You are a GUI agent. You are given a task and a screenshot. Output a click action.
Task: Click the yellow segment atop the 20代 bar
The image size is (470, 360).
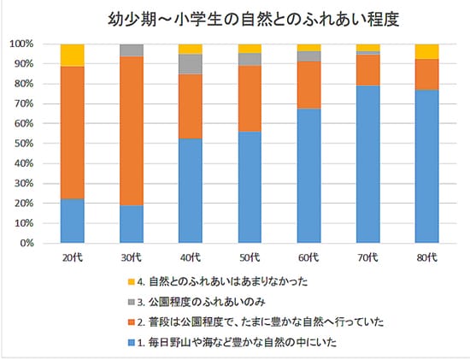pyautogui.click(x=73, y=55)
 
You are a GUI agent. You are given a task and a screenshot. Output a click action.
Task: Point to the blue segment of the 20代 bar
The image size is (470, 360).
pyautogui.click(x=73, y=221)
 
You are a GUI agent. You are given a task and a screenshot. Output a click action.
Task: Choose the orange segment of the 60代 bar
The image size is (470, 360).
pyautogui.click(x=308, y=85)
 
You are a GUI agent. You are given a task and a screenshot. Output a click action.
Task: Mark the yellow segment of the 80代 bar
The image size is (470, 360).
pyautogui.click(x=426, y=51)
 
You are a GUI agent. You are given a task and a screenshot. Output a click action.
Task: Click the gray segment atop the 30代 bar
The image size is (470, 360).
pyautogui.click(x=131, y=50)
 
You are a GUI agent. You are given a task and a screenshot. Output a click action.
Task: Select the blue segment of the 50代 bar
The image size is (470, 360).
pyautogui.click(x=250, y=187)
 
